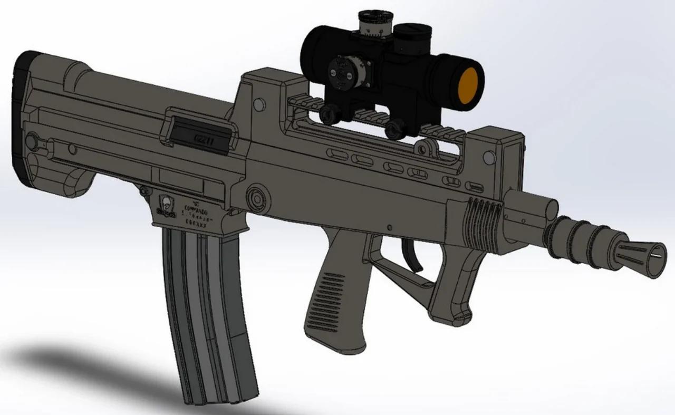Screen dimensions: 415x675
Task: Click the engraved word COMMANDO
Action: tap(195, 208)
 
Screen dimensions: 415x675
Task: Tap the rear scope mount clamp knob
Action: tap(331, 112)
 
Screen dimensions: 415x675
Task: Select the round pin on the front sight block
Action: tap(488, 157)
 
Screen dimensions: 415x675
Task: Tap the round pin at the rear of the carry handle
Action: tap(258, 103)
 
